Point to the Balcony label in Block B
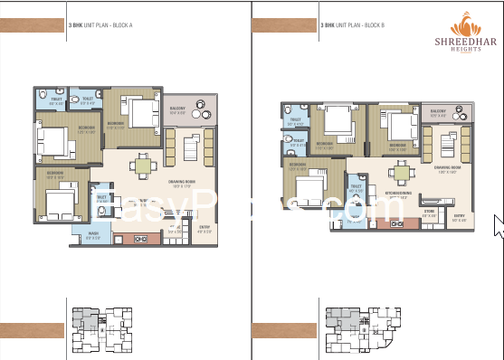coord(437,114)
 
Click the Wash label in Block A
coord(94,235)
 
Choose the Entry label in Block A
coord(204,229)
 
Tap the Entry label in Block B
coord(460,216)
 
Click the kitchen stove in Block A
coord(141,238)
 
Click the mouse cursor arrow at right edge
coord(498,224)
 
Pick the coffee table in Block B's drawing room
coord(446,143)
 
